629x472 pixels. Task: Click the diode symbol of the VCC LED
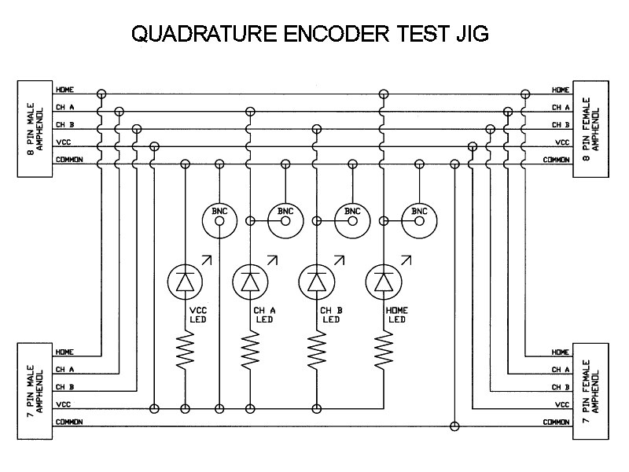[x=185, y=281]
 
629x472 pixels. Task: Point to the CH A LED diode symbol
[x=251, y=281]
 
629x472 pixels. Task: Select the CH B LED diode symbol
[x=317, y=281]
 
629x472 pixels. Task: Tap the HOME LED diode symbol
[x=383, y=281]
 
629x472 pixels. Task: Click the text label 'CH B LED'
[x=331, y=315]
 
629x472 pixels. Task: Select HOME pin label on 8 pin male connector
[x=64, y=90]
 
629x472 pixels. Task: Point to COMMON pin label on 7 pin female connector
[x=556, y=422]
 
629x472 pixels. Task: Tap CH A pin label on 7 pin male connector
[x=64, y=369]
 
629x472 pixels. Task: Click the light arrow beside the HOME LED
[x=406, y=260]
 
